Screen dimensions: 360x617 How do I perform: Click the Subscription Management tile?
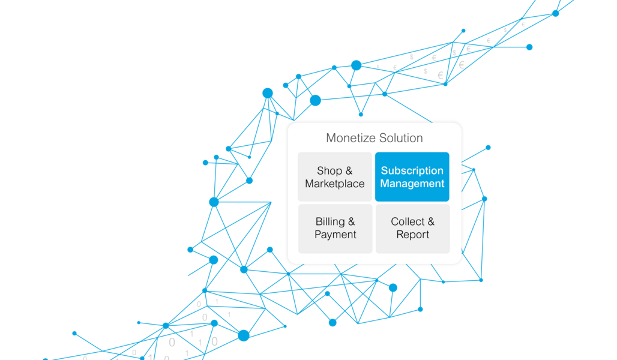[x=412, y=177]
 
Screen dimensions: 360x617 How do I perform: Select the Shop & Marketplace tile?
[x=335, y=177]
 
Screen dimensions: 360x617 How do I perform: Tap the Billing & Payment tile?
[x=335, y=228]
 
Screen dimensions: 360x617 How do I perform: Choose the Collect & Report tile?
[x=412, y=228]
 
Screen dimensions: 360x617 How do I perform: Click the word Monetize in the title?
[x=349, y=138]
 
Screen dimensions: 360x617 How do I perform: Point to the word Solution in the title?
[x=400, y=138]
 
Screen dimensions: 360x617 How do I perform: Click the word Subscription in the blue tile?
[x=412, y=170]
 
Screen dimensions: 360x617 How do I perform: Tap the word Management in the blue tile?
[x=412, y=184]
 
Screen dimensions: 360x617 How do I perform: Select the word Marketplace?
[x=335, y=184]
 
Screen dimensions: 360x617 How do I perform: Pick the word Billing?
[x=330, y=221]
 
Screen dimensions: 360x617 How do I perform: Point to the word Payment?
[x=336, y=235]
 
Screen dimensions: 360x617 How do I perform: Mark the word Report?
[x=413, y=235]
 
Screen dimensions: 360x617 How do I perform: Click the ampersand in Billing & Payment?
[x=352, y=222]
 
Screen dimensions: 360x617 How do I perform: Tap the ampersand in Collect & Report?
[x=430, y=222]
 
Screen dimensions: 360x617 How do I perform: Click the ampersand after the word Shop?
[x=349, y=171]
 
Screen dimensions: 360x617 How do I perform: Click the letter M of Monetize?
[x=331, y=138]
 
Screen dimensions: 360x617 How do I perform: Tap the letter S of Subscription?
[x=384, y=170]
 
